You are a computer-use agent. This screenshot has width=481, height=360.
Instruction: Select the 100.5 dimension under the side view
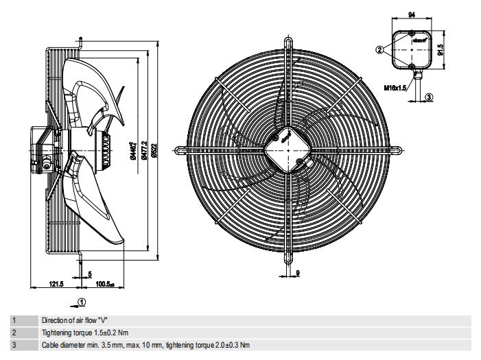point(104,283)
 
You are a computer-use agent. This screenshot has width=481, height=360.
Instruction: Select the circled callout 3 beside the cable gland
point(429,97)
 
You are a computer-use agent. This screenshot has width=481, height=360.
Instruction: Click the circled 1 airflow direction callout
point(82,301)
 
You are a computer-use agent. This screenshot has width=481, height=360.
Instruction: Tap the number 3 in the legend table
point(14,344)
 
